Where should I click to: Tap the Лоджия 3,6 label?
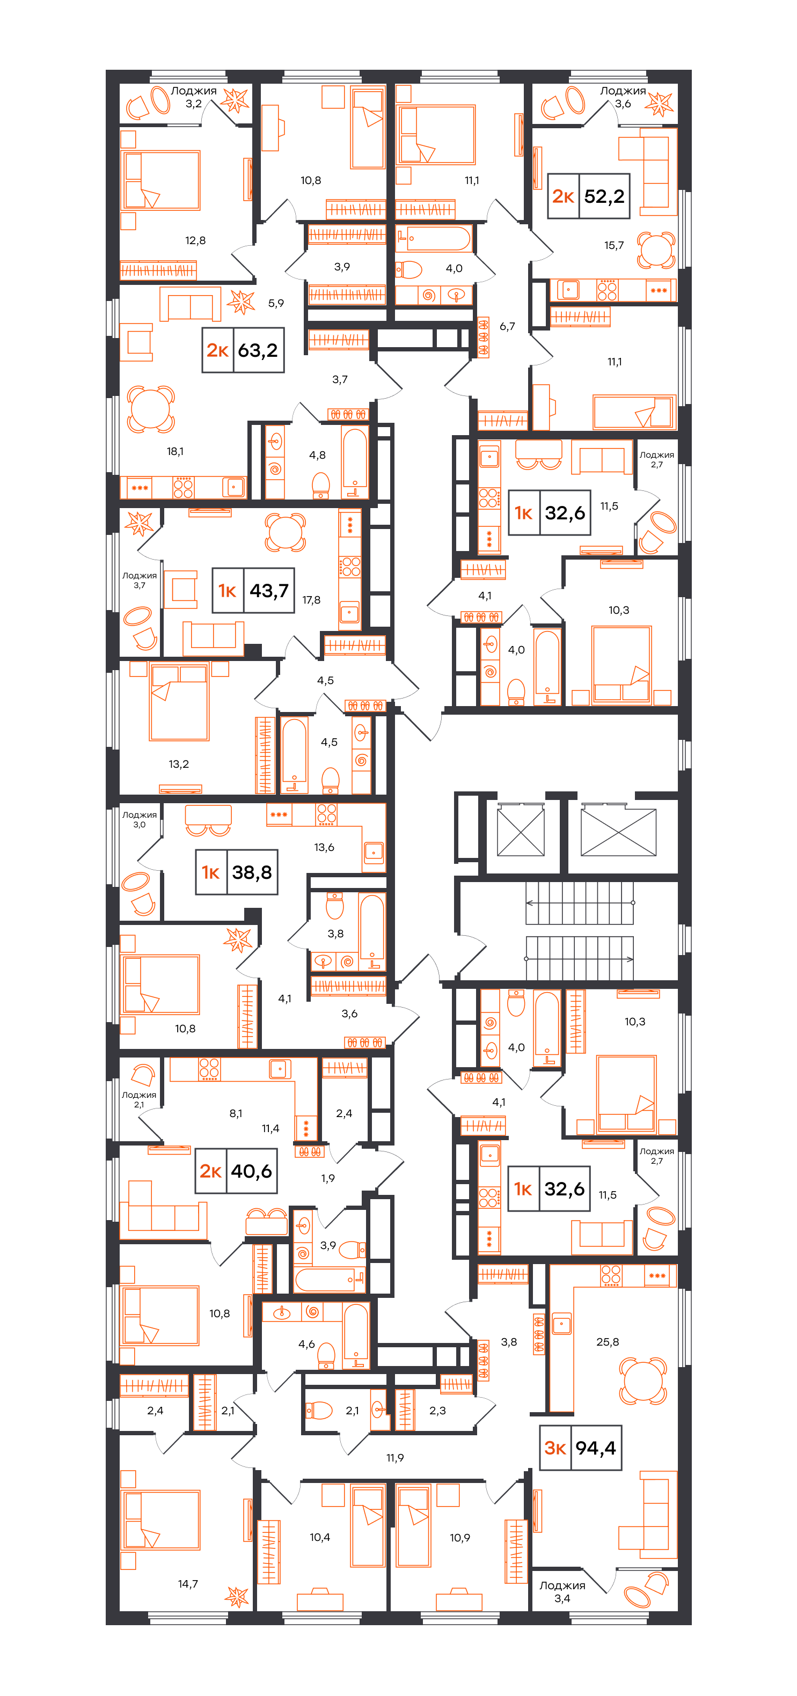(x=623, y=97)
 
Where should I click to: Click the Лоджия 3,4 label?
(x=562, y=1592)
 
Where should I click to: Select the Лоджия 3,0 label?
(x=139, y=819)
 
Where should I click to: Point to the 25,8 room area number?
(x=608, y=1342)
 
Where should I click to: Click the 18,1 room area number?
(x=175, y=452)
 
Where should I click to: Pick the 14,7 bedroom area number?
(x=188, y=1584)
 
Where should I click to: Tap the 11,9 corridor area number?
(x=395, y=1458)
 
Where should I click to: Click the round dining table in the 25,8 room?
(x=643, y=1380)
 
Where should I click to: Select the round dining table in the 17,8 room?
(x=285, y=531)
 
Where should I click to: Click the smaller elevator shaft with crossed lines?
(x=521, y=832)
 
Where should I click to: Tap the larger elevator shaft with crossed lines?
(x=618, y=832)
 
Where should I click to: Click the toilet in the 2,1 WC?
(x=319, y=1410)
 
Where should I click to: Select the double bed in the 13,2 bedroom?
(x=179, y=702)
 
